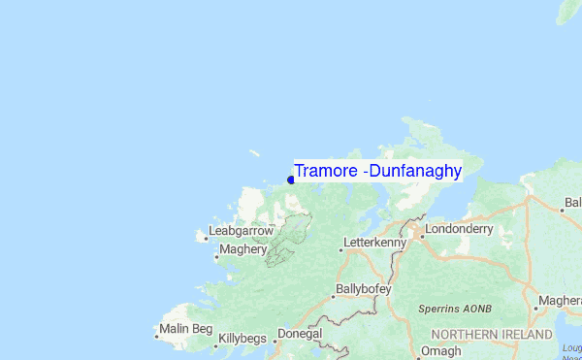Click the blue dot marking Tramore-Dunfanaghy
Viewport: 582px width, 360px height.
click(x=291, y=179)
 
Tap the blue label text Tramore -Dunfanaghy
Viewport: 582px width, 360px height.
click(x=378, y=171)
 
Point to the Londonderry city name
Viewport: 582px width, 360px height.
click(x=460, y=230)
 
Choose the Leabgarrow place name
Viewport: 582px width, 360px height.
click(x=242, y=231)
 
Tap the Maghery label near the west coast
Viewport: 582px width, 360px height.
click(x=242, y=249)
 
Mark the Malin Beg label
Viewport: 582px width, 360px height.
click(x=187, y=329)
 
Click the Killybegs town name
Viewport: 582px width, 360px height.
click(x=244, y=339)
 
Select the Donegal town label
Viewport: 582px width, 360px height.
click(x=300, y=333)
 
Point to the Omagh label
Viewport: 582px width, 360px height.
click(x=442, y=351)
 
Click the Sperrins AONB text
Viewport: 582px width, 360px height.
click(x=455, y=309)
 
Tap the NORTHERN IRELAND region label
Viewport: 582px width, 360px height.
click(x=490, y=334)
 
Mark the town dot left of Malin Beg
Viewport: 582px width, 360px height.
click(x=157, y=336)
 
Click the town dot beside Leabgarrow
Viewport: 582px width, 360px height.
click(x=204, y=236)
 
